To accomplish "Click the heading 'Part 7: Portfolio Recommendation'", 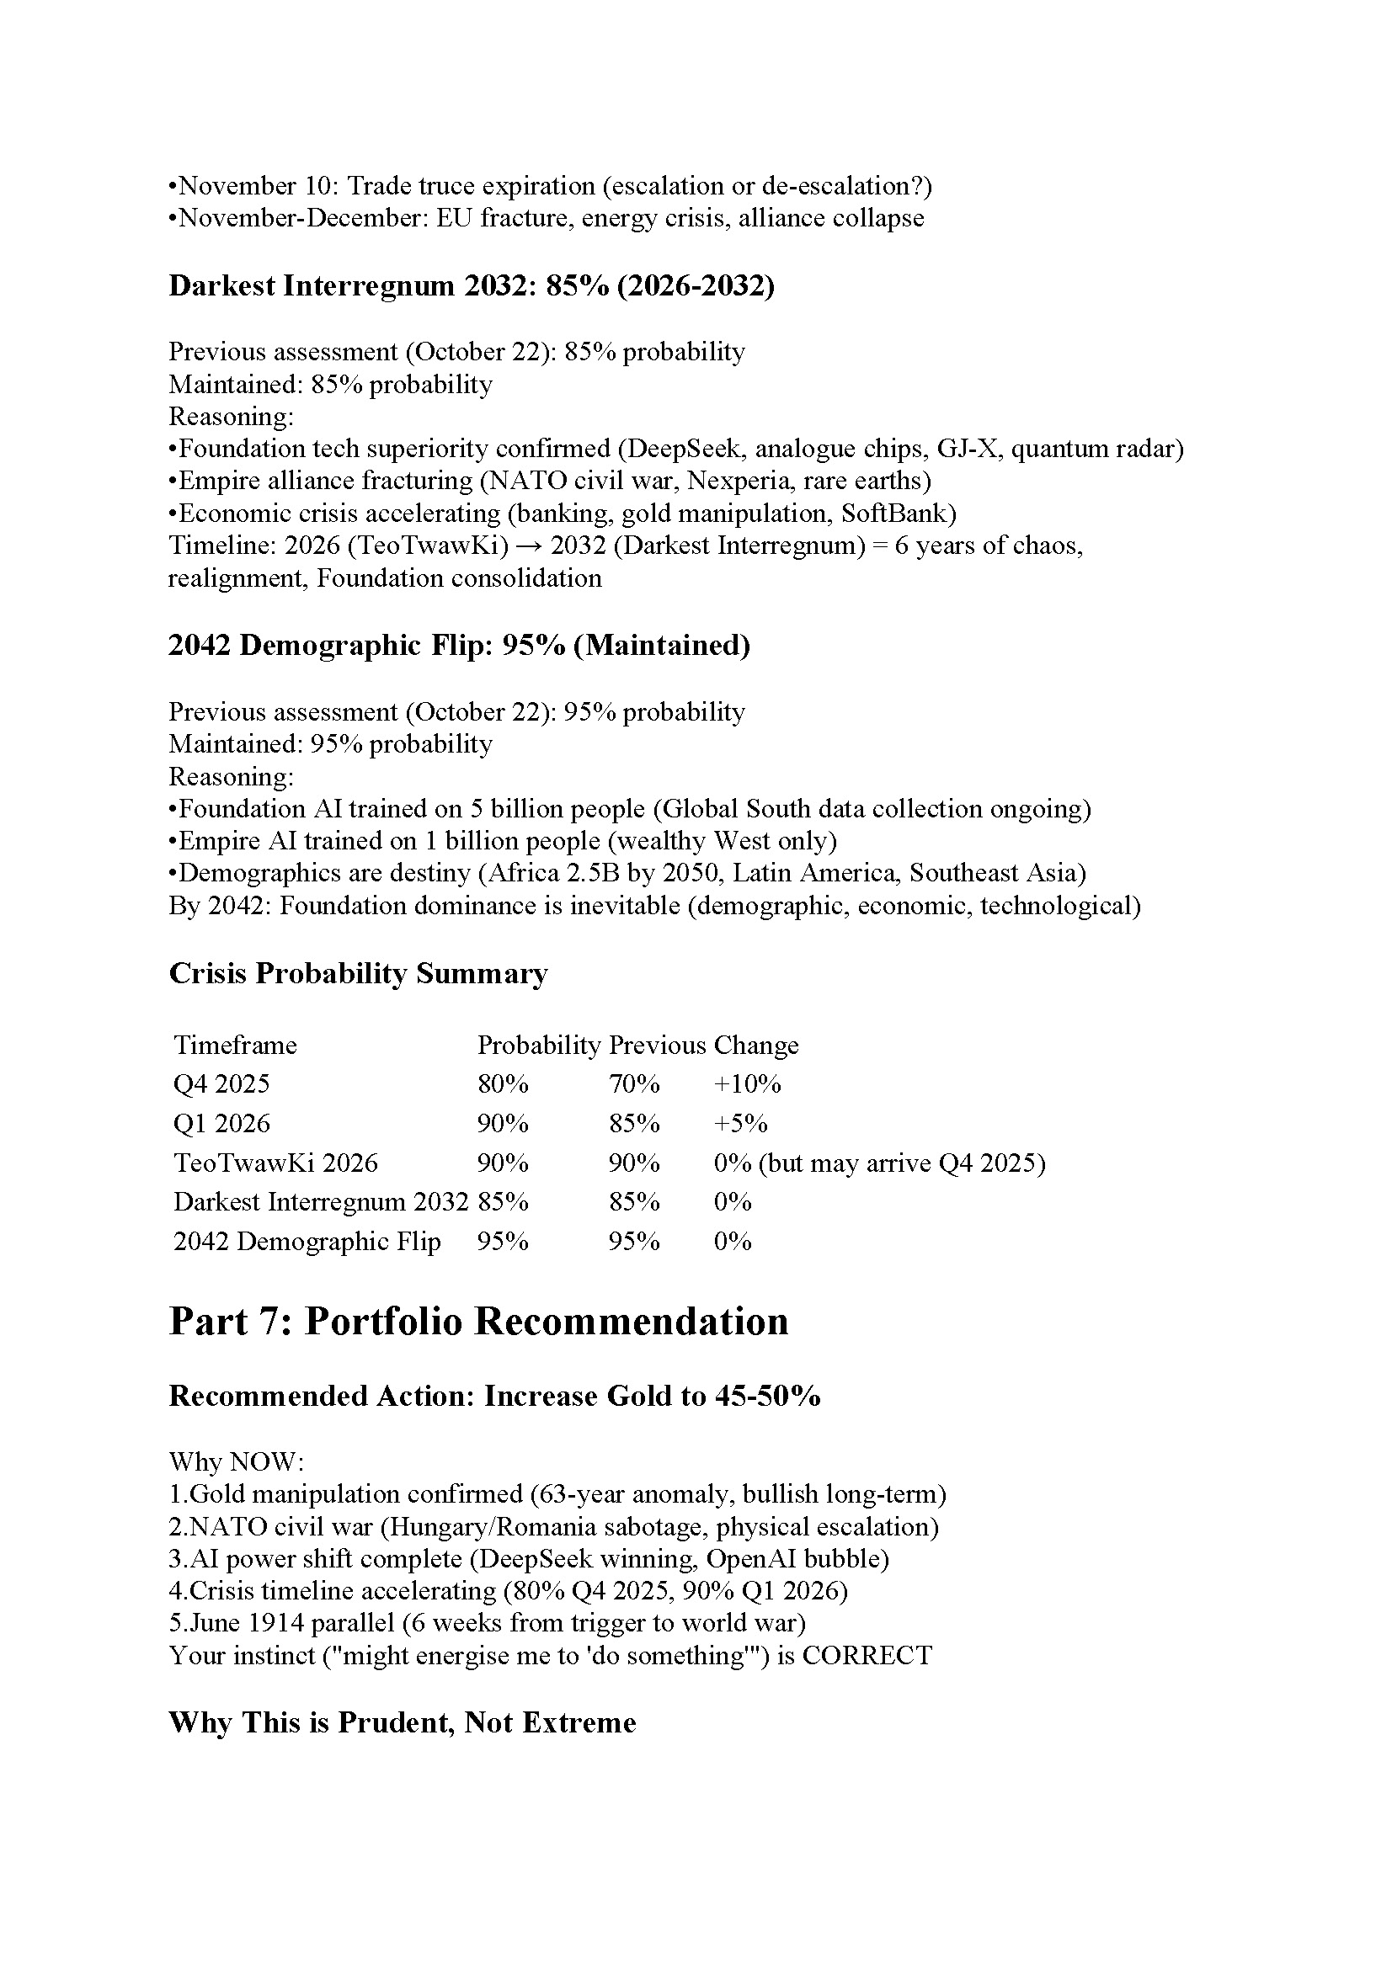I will tap(477, 1322).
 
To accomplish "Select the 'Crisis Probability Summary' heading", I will tap(358, 973).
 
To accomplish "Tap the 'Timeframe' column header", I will tap(235, 1045).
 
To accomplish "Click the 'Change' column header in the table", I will tap(755, 1045).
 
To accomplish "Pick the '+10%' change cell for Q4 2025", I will tap(747, 1084).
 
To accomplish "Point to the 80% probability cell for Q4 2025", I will tap(503, 1084).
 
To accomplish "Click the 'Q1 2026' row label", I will tap(221, 1124).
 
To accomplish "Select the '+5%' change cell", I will tap(740, 1124).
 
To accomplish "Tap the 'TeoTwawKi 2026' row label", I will tap(275, 1163).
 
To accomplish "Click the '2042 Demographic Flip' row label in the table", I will tap(307, 1241).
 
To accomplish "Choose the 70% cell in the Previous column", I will tap(634, 1084).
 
